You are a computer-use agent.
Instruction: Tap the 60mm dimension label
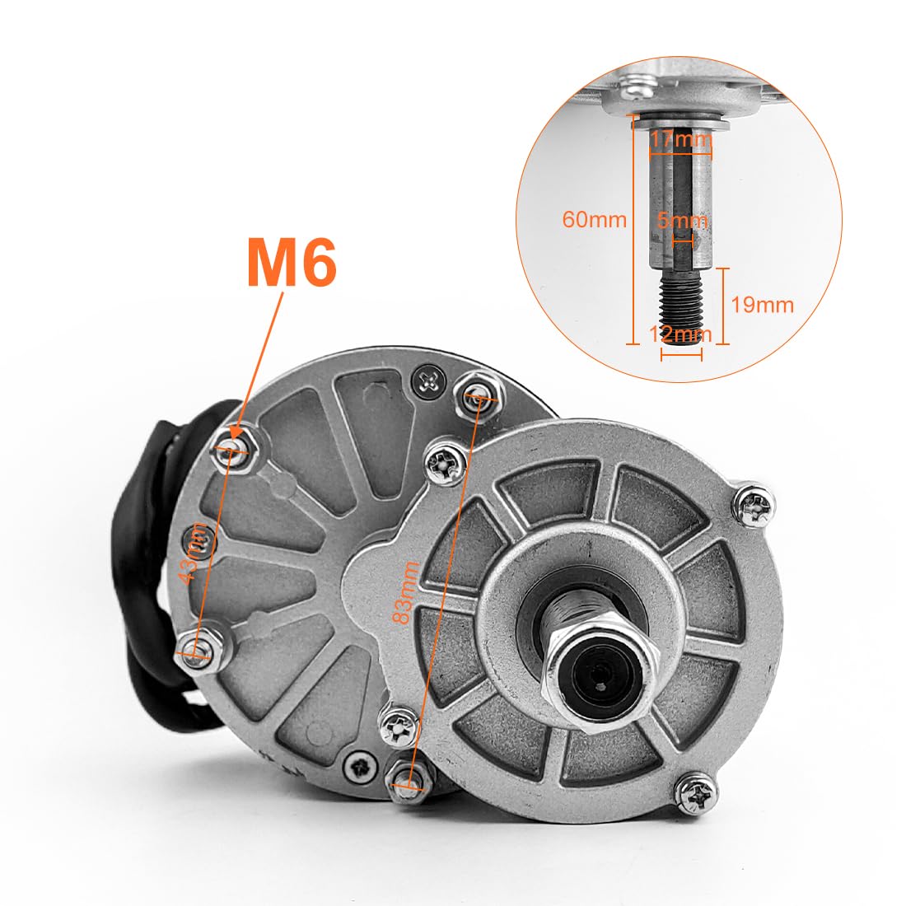(x=594, y=220)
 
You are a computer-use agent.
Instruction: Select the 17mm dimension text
(x=680, y=139)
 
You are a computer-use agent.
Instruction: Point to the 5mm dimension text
(x=683, y=221)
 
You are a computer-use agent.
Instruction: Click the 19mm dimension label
(x=763, y=305)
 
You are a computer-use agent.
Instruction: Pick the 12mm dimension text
(x=680, y=334)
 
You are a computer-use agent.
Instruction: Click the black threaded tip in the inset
(x=680, y=305)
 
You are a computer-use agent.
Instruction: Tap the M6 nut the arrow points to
(x=234, y=449)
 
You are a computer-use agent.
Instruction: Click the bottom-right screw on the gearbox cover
(x=694, y=794)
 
